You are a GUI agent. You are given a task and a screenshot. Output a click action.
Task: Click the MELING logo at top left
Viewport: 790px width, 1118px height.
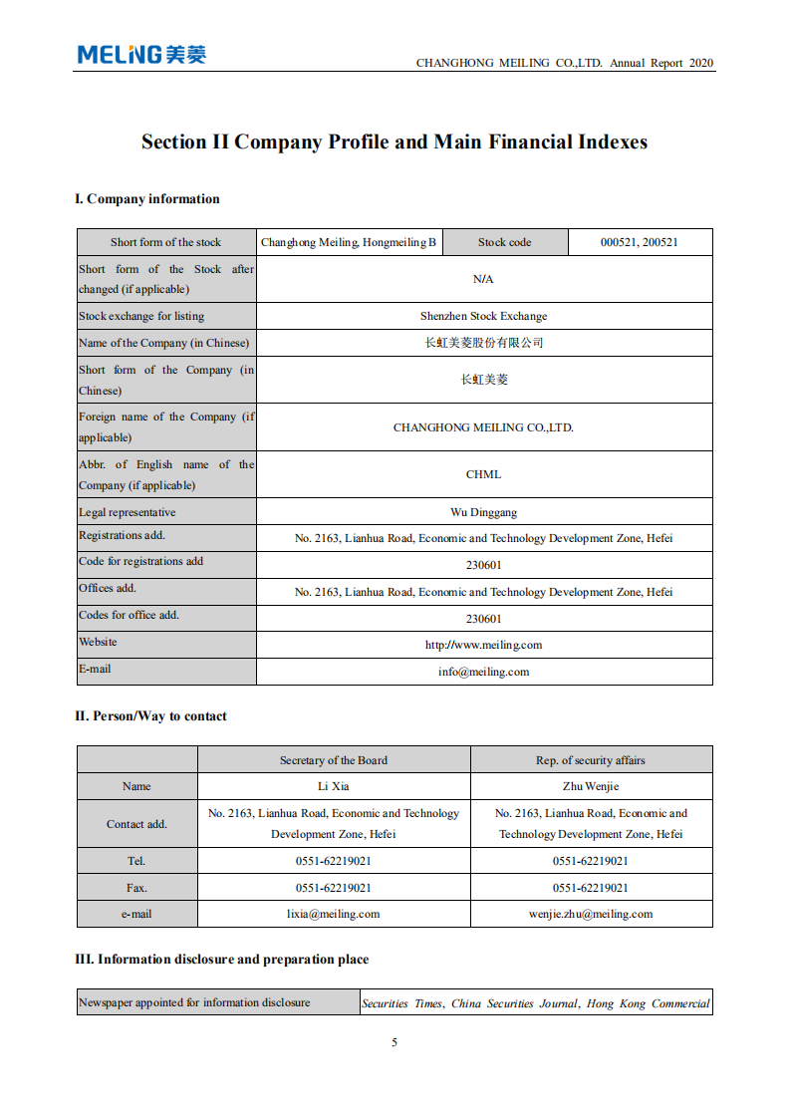click(x=141, y=55)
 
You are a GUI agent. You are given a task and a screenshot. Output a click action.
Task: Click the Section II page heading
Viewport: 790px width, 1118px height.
click(x=395, y=142)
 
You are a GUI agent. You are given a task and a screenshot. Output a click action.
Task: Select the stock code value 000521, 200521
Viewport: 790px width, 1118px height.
click(x=639, y=242)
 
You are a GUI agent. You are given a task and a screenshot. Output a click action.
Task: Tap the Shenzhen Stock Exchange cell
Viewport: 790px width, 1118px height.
click(x=483, y=316)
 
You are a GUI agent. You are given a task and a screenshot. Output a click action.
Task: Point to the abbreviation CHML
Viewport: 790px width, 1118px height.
click(x=483, y=474)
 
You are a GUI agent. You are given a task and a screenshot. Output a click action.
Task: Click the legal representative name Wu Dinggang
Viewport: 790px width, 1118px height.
click(x=483, y=512)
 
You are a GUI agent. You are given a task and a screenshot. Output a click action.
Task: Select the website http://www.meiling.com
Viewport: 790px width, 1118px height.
click(x=483, y=645)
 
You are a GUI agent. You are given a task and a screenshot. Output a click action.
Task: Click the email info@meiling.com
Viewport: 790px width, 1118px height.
click(x=483, y=672)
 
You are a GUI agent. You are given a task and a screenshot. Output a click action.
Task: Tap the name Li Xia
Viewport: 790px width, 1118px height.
click(x=333, y=786)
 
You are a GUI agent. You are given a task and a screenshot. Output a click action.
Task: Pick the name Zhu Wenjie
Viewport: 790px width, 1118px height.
click(x=591, y=786)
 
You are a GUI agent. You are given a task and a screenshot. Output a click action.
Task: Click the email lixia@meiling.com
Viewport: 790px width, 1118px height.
click(x=333, y=913)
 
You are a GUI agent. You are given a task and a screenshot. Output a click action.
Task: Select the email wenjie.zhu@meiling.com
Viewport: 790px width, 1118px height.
click(x=591, y=913)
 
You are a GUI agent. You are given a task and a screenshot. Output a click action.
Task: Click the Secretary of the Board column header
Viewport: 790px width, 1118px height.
click(x=333, y=760)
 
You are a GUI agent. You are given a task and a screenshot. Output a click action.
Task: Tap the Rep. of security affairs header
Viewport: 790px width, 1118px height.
click(x=591, y=760)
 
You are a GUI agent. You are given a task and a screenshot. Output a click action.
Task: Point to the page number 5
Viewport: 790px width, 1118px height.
click(x=395, y=1042)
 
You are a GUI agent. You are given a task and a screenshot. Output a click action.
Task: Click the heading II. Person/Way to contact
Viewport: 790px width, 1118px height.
click(x=150, y=716)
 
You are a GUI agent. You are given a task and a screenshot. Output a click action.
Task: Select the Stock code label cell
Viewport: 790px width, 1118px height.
click(x=504, y=242)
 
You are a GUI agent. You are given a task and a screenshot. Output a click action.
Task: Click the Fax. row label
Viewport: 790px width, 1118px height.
click(x=136, y=887)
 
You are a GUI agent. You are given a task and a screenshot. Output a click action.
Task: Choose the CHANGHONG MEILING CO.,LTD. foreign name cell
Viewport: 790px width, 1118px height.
click(x=483, y=427)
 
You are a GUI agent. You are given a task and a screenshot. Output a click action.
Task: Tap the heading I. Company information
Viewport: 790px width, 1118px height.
click(x=147, y=199)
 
